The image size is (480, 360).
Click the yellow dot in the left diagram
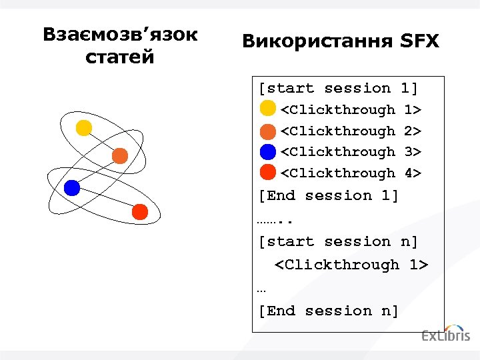coord(83,128)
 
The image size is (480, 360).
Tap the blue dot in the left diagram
coord(71,187)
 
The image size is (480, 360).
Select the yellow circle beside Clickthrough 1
coord(267,108)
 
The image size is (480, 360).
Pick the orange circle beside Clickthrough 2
coord(267,130)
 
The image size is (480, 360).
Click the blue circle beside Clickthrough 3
coord(267,151)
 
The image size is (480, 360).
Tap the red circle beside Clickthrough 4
coord(267,173)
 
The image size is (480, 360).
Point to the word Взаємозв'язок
coord(120,35)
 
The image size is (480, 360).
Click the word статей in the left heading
coord(120,57)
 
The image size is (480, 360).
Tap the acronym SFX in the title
coord(420,42)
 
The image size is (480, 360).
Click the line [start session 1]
coord(338,88)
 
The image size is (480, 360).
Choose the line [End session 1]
coord(328,195)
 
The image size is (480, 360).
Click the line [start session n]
coord(338,241)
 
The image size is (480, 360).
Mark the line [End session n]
coord(328,311)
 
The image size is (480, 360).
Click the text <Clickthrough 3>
coord(351,151)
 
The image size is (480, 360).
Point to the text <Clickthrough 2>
coord(351,131)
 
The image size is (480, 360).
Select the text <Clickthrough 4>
coord(351,173)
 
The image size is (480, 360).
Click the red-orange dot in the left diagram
coord(139,212)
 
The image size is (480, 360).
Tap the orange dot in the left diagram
coord(119,156)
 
